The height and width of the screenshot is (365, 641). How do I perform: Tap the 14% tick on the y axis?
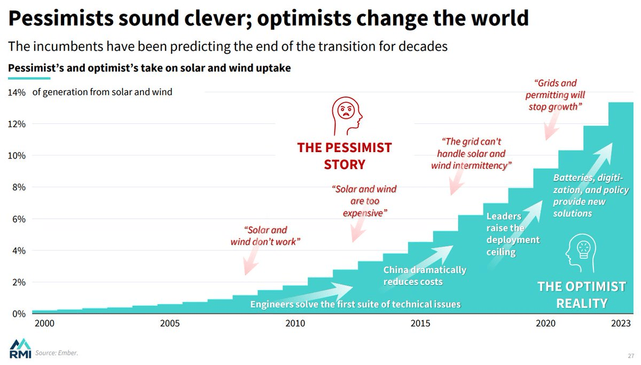point(17,92)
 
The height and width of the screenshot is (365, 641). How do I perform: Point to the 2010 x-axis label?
point(295,323)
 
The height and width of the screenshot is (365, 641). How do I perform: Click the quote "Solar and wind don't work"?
point(265,236)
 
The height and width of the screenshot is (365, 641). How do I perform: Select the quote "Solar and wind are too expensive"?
point(364,201)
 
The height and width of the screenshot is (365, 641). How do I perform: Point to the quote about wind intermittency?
point(471,154)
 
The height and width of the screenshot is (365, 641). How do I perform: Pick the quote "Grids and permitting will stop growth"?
point(555,95)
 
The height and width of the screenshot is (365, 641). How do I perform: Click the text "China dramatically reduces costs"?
point(425,275)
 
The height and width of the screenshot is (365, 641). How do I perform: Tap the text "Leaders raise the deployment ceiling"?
point(513,234)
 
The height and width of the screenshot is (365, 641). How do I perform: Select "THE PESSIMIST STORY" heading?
point(345,155)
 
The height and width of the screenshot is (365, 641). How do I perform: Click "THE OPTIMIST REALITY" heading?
point(582,295)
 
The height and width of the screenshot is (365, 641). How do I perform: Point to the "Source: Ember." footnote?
point(52,353)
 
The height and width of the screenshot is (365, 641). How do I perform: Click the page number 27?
point(631,355)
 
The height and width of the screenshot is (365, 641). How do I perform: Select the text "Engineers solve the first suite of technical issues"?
point(355,304)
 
